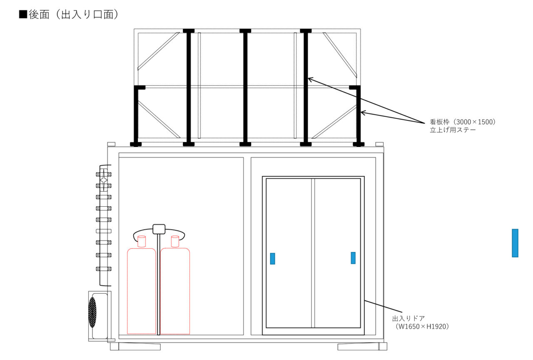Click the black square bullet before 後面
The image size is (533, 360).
point(23,14)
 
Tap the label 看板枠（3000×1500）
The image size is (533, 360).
point(463,122)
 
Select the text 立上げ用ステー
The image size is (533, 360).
point(453,130)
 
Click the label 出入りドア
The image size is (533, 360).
point(408,318)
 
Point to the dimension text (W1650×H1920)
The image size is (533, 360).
point(422,326)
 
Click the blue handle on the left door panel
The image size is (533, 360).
point(272,259)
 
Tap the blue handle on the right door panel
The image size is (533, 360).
point(353,258)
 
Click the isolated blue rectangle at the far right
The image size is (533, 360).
point(515,243)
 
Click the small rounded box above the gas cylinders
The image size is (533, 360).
point(159,229)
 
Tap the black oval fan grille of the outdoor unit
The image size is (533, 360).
point(92,312)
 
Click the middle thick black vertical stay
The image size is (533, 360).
point(245,87)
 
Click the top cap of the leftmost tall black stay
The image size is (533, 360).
point(189,31)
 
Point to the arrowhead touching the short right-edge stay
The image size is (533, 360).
point(363,112)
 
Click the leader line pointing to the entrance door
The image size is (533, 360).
point(384,306)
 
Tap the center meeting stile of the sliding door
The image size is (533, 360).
point(313,253)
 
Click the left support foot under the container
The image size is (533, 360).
point(135,346)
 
